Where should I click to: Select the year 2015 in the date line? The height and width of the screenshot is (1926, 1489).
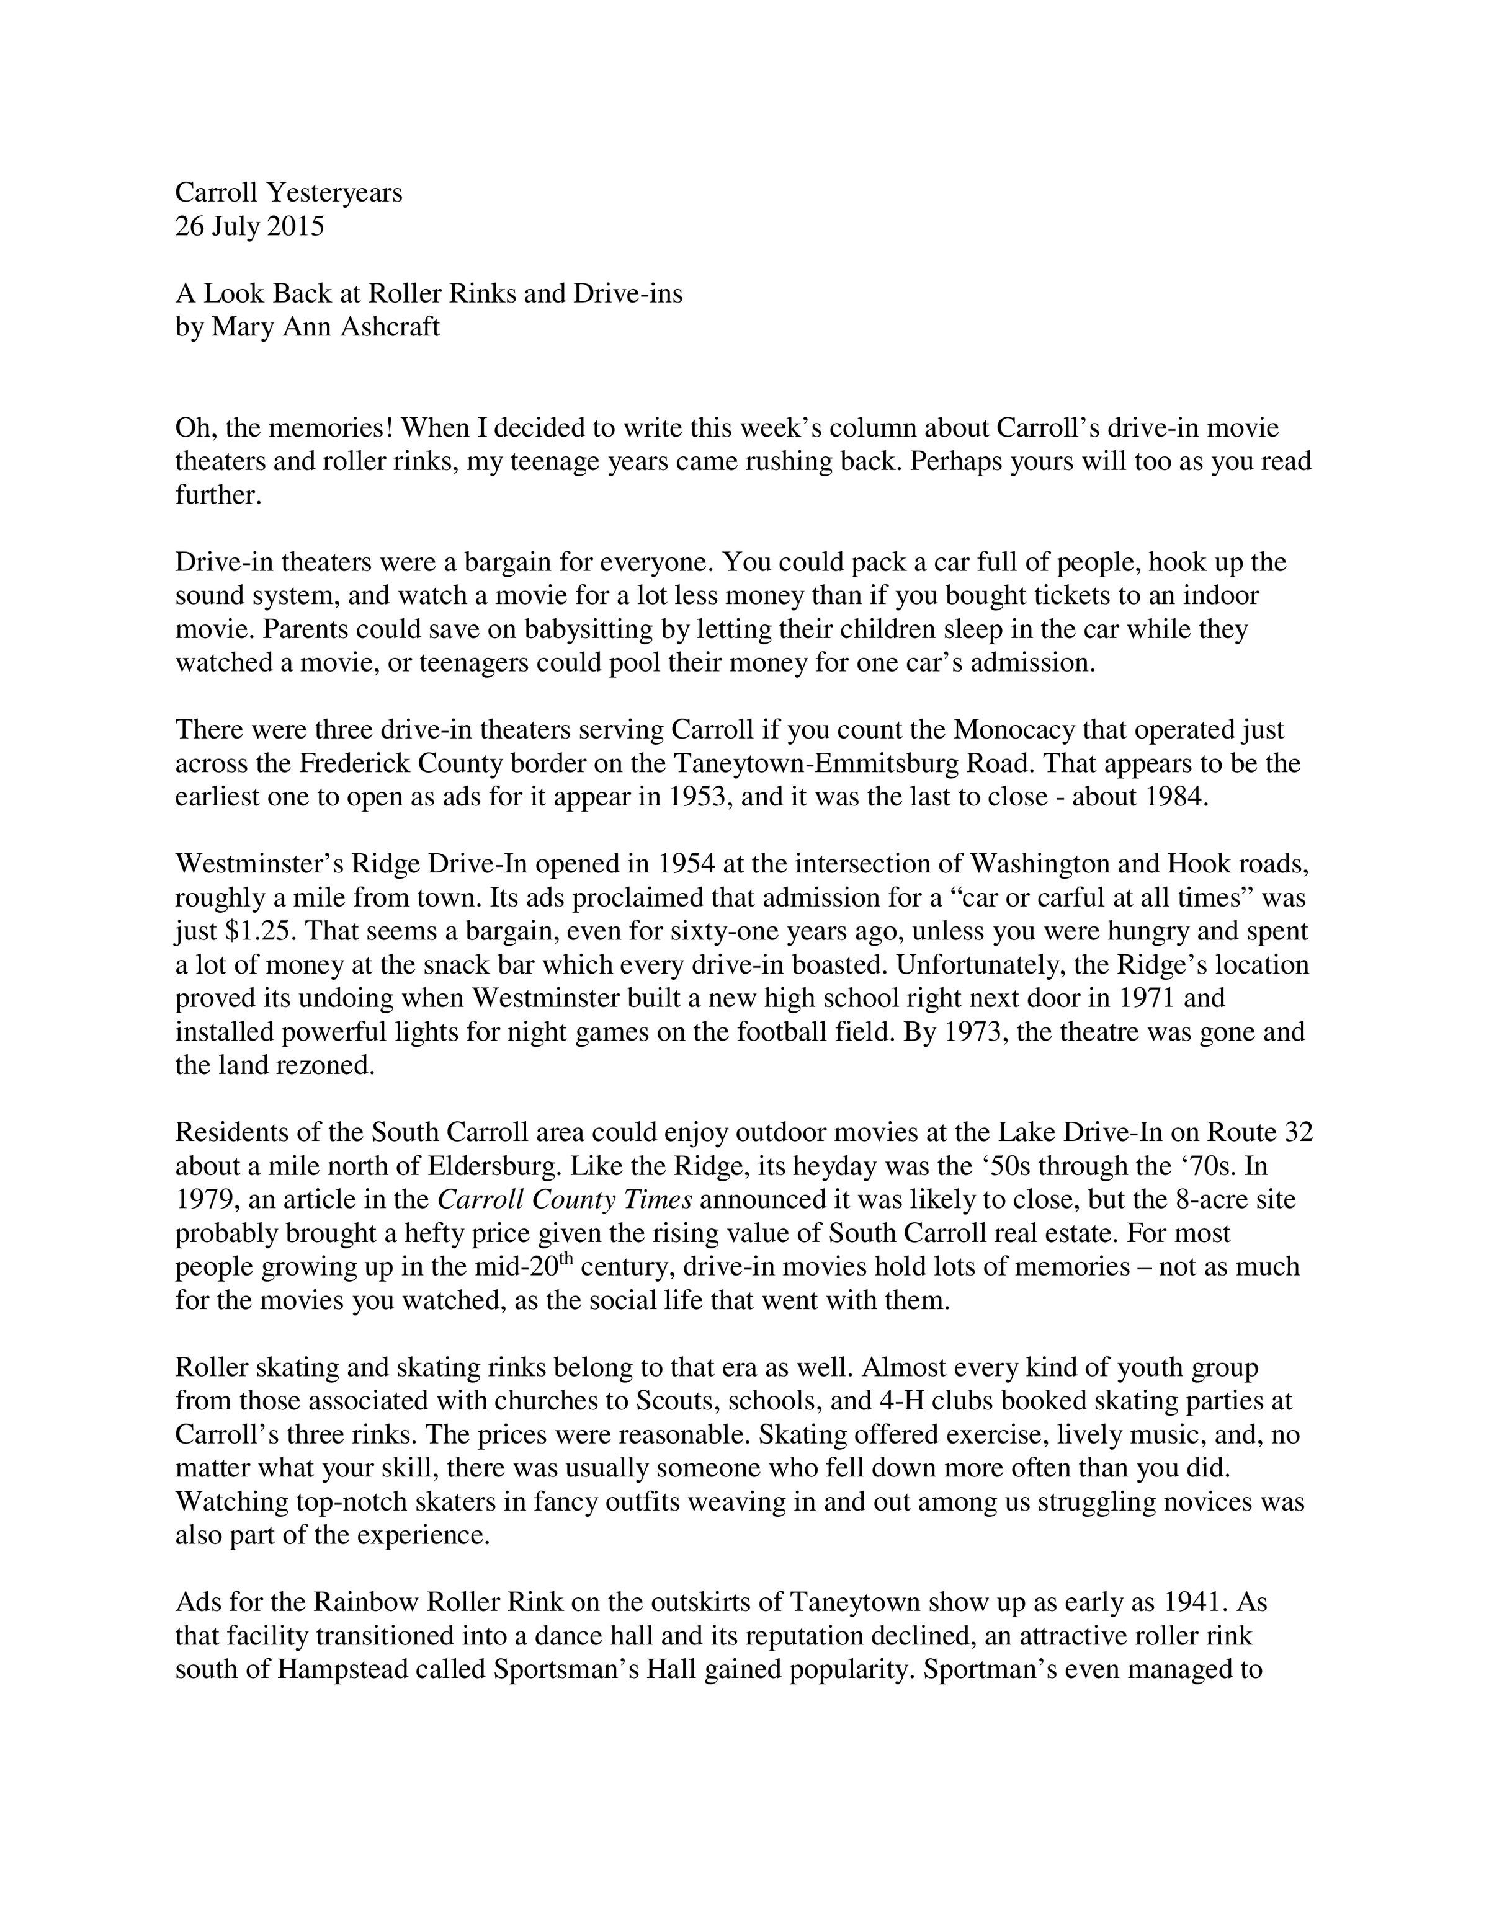(x=295, y=226)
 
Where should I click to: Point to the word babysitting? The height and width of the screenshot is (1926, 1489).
(x=586, y=629)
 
